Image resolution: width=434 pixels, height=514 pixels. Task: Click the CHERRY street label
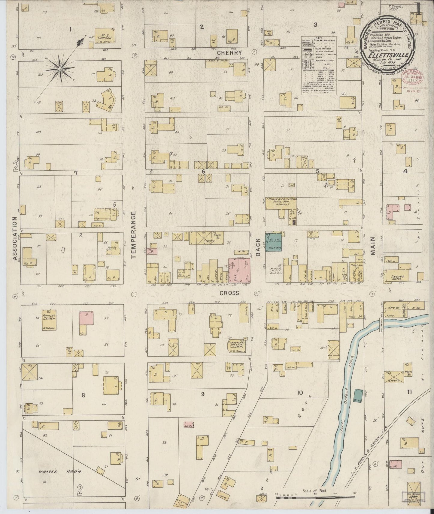click(229, 53)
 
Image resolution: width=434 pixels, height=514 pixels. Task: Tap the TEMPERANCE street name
click(134, 235)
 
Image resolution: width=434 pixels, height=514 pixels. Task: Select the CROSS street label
click(229, 293)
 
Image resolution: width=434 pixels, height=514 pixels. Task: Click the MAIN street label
click(373, 246)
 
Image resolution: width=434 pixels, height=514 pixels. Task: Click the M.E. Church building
click(105, 36)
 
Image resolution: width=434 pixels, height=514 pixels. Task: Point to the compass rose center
click(60, 69)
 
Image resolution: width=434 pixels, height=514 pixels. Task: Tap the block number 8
click(83, 395)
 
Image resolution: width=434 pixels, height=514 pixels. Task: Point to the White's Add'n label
click(57, 471)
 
